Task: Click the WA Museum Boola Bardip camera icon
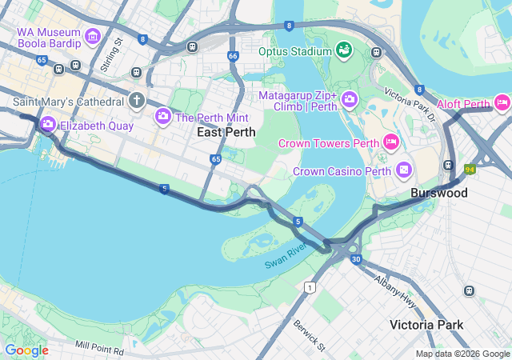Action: click(x=92, y=36)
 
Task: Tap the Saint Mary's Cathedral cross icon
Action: click(x=137, y=100)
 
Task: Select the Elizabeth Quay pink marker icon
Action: click(x=47, y=124)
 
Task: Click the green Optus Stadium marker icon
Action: click(x=344, y=51)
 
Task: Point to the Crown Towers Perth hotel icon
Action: click(x=391, y=142)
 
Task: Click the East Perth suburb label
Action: click(x=226, y=132)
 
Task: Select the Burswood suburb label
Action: click(x=439, y=193)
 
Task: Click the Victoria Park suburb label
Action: click(x=427, y=325)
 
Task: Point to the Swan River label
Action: click(x=286, y=255)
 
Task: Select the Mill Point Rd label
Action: click(x=100, y=348)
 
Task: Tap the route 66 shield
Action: click(x=233, y=56)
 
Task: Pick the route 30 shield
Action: click(x=357, y=259)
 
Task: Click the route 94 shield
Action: click(x=469, y=170)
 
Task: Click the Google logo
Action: click(x=26, y=350)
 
